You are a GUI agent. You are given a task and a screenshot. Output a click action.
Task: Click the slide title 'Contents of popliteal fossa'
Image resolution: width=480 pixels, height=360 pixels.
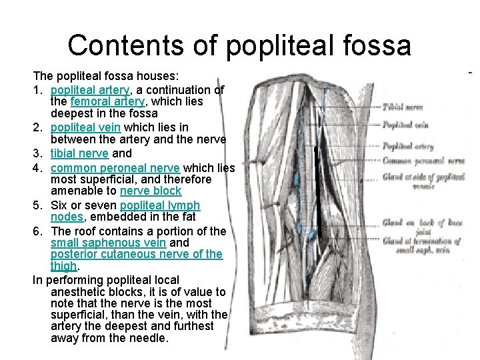pos(239,45)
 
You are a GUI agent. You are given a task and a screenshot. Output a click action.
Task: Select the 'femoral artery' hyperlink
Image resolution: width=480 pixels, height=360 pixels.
pos(107,102)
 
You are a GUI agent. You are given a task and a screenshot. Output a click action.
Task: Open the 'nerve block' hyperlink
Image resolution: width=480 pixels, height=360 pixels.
pos(151,191)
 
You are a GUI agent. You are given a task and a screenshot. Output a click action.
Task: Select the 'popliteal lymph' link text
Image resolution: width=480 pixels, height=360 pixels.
pos(160,205)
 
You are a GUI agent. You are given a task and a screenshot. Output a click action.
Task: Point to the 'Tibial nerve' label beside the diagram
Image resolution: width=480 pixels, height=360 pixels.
pos(403,107)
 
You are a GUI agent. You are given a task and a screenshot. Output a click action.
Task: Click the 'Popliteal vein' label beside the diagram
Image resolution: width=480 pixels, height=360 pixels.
pos(405,125)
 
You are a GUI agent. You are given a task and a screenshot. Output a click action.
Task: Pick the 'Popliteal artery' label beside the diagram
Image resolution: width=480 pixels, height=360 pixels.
pos(408,147)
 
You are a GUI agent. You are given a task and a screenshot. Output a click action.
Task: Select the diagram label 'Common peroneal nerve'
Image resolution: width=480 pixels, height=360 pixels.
pos(423,161)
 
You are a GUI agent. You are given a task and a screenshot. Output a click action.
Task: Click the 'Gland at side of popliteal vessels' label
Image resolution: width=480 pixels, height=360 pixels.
pos(423,181)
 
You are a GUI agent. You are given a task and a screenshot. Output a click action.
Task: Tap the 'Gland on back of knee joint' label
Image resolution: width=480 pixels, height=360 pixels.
pos(423,227)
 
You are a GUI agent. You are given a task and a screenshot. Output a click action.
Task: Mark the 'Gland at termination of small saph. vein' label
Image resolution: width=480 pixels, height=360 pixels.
pos(423,245)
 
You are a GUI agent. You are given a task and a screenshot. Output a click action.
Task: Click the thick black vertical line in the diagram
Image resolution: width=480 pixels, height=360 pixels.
pos(319,193)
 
